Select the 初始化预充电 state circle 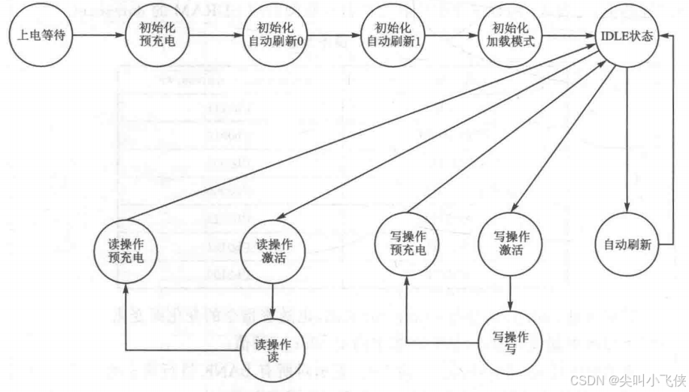click(x=156, y=35)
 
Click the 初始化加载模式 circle click(x=508, y=35)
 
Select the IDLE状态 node click(x=626, y=35)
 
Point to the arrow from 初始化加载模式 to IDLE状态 click(x=567, y=35)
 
